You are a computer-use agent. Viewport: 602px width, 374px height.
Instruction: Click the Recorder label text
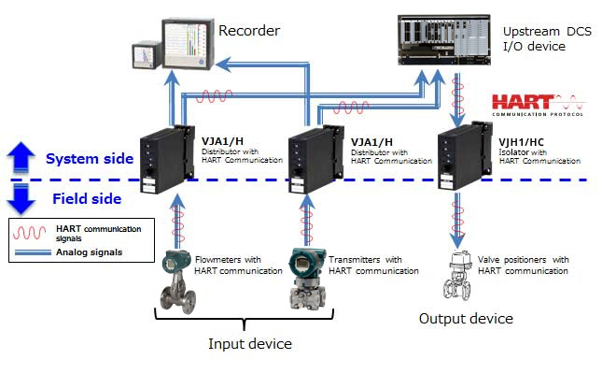pos(249,31)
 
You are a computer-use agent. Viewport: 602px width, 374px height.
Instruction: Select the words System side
pos(90,158)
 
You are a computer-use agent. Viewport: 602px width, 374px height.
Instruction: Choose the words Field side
pos(83,198)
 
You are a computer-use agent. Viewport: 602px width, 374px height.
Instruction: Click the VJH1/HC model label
pos(520,142)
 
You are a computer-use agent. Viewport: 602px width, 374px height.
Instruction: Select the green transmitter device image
pos(307,277)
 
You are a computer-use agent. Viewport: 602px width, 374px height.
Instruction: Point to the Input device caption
pos(249,343)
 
